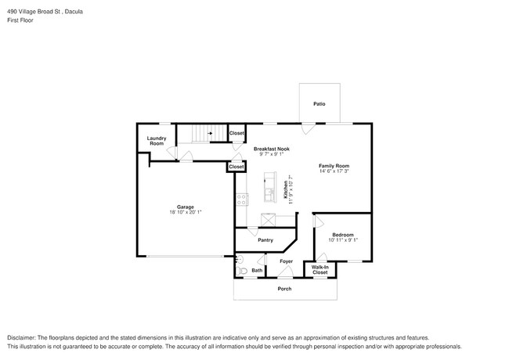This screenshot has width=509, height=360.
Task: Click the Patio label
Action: coord(319,103)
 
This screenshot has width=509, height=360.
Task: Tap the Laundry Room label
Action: coord(157,141)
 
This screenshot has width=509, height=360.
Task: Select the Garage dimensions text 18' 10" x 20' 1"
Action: coord(185,212)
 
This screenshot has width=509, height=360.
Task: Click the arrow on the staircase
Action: coord(210,134)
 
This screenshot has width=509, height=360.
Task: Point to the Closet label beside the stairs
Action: coord(236,134)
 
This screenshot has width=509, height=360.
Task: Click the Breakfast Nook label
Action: coord(272,148)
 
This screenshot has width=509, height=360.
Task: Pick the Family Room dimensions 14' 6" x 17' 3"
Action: coord(334,171)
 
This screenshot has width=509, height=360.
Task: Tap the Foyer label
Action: coord(287,261)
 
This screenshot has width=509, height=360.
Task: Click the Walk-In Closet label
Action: coord(319,270)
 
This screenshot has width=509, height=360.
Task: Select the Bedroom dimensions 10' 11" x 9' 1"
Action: coord(343,240)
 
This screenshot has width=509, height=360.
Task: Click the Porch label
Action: coord(285,289)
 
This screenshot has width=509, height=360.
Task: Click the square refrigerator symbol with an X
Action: coord(268,218)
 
